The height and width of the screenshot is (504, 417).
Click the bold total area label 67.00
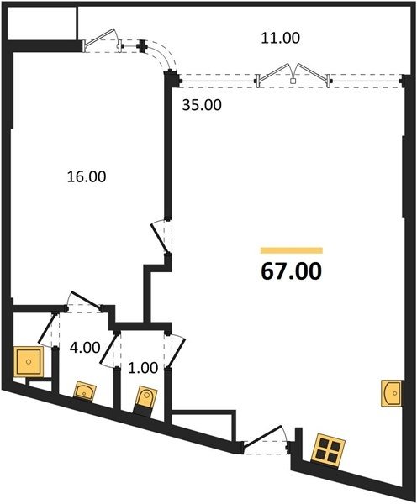tap(291, 271)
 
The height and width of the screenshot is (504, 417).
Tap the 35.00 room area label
tap(202, 105)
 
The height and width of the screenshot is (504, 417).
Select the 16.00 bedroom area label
tap(87, 176)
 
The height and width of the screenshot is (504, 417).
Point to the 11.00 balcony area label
tap(280, 38)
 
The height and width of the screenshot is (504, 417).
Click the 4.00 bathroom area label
tap(85, 348)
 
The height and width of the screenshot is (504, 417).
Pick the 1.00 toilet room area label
tap(143, 368)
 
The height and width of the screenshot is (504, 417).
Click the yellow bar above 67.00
tap(292, 250)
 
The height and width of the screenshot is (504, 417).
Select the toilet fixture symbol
tap(145, 402)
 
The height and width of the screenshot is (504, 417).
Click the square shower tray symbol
tap(29, 361)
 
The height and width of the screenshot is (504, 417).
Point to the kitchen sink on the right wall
tap(391, 393)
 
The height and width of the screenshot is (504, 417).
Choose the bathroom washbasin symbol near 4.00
tap(85, 391)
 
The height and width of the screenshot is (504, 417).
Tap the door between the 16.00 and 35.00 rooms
tap(160, 238)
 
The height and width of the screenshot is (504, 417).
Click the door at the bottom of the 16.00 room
tap(85, 301)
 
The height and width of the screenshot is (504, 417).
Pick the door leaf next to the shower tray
tap(45, 330)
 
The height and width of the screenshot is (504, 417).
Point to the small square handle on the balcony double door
tap(293, 81)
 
